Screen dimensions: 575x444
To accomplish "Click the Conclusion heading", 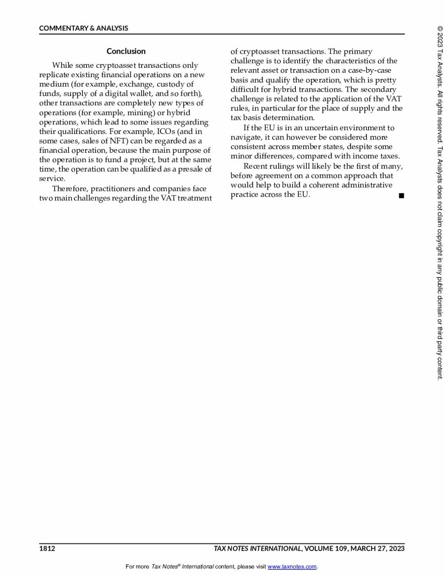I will pyautogui.click(x=126, y=51).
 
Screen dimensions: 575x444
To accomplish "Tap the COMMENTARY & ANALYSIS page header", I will pyautogui.click(x=83, y=28).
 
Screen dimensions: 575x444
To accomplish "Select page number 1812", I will pyautogui.click(x=47, y=548).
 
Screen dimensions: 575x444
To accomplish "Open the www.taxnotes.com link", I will pyautogui.click(x=292, y=567).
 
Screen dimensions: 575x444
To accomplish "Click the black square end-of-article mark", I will pyautogui.click(x=401, y=195).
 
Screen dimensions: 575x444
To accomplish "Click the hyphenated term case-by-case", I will pyautogui.click(x=370, y=70).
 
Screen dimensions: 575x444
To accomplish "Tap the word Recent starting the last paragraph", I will pyautogui.click(x=255, y=166).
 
